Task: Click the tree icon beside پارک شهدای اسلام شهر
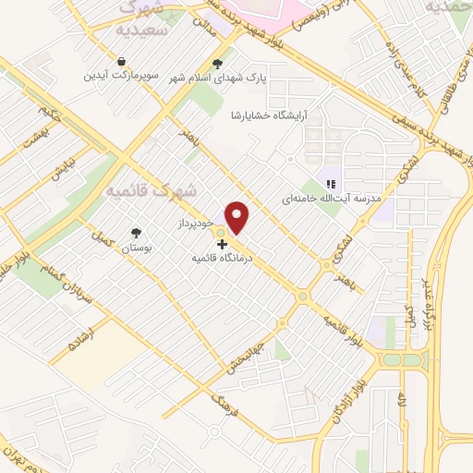217,64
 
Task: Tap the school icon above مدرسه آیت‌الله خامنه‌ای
330,182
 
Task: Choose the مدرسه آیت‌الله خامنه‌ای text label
330,198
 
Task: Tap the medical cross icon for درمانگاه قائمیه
221,244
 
